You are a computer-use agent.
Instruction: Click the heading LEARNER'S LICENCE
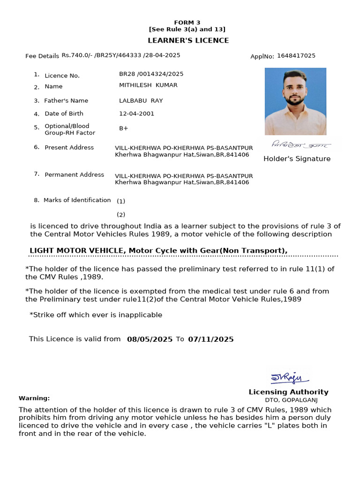pyautogui.click(x=188, y=40)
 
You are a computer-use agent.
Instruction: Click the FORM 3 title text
pyautogui.click(x=187, y=22)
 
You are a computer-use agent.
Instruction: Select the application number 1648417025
pyautogui.click(x=296, y=56)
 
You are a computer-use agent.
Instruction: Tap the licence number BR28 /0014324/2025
pyautogui.click(x=151, y=74)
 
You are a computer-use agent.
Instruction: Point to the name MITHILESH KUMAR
pyautogui.click(x=148, y=85)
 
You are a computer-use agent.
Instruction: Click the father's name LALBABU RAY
pyautogui.click(x=141, y=101)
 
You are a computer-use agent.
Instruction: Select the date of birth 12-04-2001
pyautogui.click(x=136, y=113)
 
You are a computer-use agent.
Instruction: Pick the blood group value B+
pyautogui.click(x=124, y=128)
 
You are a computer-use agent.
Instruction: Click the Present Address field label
pyautogui.click(x=69, y=148)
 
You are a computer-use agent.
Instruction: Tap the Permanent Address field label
pyautogui.click(x=74, y=175)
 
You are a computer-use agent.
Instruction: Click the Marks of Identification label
pyautogui.click(x=77, y=200)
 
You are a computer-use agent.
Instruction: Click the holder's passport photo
pyautogui.click(x=295, y=101)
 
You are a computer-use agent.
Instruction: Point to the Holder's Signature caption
pyautogui.click(x=297, y=159)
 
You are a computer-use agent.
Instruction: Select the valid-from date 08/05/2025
pyautogui.click(x=150, y=339)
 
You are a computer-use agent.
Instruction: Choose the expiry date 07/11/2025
pyautogui.click(x=210, y=339)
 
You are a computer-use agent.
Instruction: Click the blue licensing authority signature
pyautogui.click(x=289, y=377)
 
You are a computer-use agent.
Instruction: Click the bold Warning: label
pyautogui.click(x=34, y=398)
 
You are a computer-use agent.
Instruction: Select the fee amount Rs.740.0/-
pyautogui.click(x=77, y=55)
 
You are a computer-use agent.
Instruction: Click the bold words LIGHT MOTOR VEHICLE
pyautogui.click(x=76, y=251)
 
